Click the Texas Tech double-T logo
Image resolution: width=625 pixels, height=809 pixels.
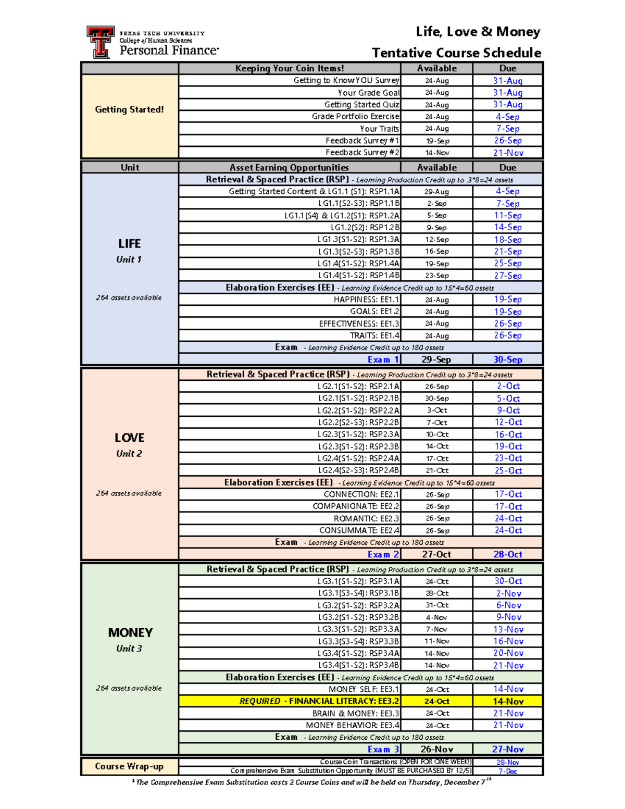(x=100, y=42)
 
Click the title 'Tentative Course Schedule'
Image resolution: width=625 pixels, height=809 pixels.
(x=456, y=53)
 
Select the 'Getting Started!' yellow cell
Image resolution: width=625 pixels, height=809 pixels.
(x=129, y=109)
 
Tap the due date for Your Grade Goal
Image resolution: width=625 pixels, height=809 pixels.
(x=508, y=93)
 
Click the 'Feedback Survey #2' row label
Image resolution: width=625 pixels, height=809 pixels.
(x=362, y=153)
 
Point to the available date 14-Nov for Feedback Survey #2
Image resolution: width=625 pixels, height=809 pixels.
(x=436, y=153)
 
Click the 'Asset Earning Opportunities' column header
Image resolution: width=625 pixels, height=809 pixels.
(x=289, y=167)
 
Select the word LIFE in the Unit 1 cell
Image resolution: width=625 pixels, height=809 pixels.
(x=129, y=244)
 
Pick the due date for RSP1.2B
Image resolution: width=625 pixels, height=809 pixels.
(x=508, y=227)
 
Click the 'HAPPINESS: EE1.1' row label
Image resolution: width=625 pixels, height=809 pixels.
(x=366, y=300)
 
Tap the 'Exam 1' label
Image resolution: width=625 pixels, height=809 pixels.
(x=383, y=359)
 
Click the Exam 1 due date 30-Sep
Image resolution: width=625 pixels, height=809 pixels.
(x=508, y=359)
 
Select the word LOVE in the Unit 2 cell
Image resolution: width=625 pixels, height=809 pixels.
(x=129, y=438)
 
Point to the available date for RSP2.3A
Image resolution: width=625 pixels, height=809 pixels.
(x=436, y=434)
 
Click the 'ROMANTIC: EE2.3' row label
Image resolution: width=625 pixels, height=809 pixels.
(x=366, y=518)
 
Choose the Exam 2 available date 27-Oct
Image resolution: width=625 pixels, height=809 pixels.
(x=436, y=554)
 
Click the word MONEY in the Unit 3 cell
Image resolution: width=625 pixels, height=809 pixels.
(x=130, y=633)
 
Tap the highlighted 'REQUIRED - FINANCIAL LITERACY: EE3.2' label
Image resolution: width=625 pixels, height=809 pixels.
(x=319, y=701)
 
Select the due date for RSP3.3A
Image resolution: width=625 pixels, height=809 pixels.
(x=508, y=629)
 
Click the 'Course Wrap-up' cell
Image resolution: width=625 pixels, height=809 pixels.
(x=129, y=766)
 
